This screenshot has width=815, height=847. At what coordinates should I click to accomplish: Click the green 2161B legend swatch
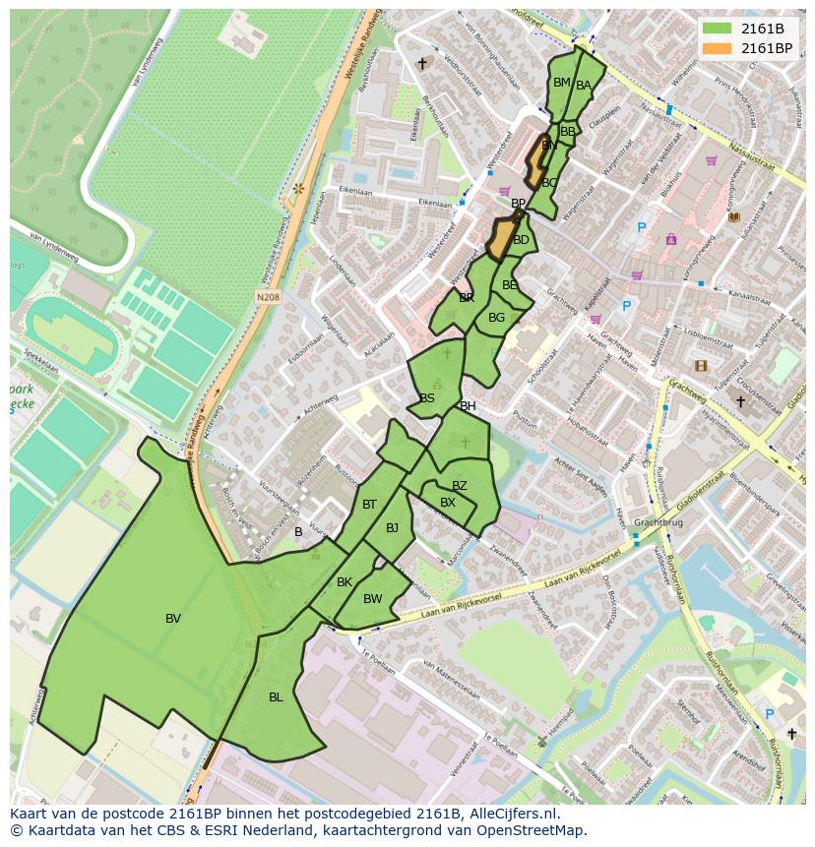tap(718, 29)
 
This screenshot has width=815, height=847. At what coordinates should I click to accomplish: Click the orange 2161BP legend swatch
tap(718, 48)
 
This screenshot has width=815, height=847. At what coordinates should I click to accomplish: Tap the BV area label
tap(173, 619)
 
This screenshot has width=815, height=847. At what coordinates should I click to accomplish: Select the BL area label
tap(276, 697)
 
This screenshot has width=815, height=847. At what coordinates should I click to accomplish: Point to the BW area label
tap(372, 599)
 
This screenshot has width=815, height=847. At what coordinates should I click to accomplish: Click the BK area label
tap(345, 582)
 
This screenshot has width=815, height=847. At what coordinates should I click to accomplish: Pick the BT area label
tap(369, 505)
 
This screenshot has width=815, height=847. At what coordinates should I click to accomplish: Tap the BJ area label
tap(392, 528)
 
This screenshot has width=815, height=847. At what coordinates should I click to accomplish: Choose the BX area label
tap(448, 503)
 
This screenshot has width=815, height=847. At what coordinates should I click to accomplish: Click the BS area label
tap(427, 398)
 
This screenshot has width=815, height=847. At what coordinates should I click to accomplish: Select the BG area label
tap(496, 318)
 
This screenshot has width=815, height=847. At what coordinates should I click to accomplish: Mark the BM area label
tap(561, 83)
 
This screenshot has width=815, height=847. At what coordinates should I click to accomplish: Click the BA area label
tap(584, 86)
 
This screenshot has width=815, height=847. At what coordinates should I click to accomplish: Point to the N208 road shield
tap(268, 295)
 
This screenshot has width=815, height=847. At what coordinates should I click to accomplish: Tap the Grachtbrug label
tap(658, 523)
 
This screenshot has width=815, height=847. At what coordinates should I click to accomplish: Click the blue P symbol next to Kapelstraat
tap(626, 307)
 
